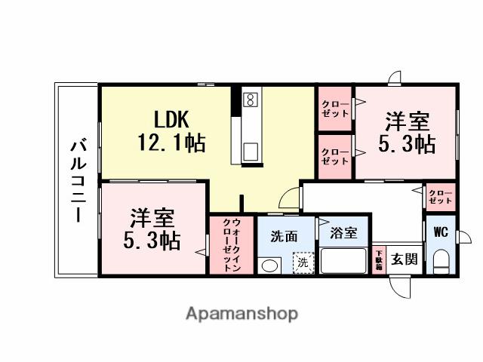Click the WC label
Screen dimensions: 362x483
click(441, 232)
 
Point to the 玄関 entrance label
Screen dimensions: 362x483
click(404, 260)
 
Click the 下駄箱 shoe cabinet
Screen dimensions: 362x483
click(379, 260)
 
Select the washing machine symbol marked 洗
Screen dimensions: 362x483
click(302, 262)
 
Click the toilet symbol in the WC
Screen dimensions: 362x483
click(441, 261)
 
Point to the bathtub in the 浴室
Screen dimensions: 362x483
click(343, 260)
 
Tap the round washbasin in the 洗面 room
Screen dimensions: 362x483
click(269, 265)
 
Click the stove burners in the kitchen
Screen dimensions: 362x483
click(250, 100)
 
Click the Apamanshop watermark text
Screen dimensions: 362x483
click(241, 313)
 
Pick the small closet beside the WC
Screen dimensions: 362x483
click(440, 198)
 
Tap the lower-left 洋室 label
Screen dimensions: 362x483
click(152, 229)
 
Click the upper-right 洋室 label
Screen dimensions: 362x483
click(407, 132)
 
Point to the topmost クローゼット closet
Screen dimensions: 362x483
click(334, 109)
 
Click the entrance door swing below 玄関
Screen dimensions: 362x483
click(400, 285)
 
